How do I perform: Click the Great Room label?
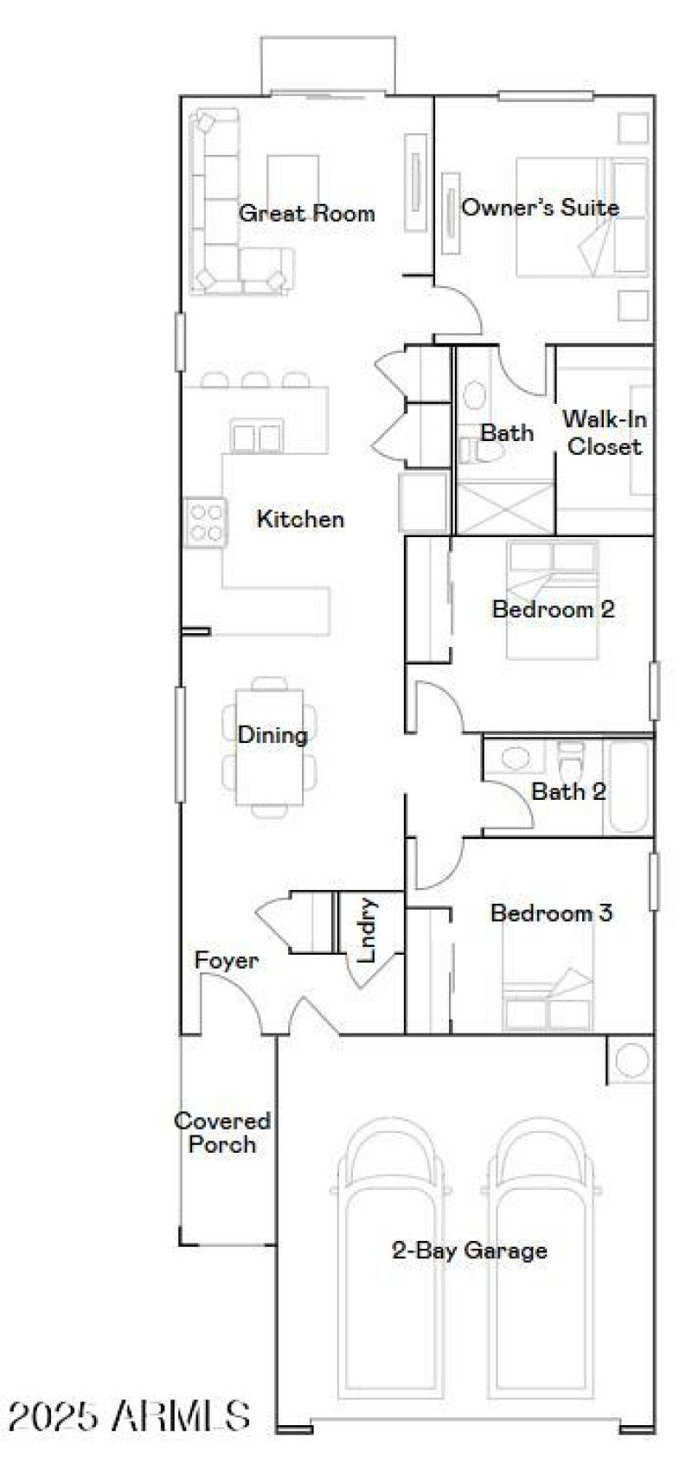[x=307, y=213]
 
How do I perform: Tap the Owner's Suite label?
[x=540, y=208]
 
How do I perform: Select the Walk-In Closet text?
[x=605, y=432]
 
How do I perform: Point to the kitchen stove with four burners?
[x=205, y=522]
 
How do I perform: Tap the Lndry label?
[x=368, y=931]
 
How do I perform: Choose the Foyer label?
[x=226, y=961]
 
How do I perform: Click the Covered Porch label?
[x=222, y=1133]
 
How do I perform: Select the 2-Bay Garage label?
[x=470, y=1251]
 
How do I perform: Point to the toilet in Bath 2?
[x=572, y=760]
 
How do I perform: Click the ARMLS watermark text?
[x=130, y=1416]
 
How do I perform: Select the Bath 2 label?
[x=568, y=791]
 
